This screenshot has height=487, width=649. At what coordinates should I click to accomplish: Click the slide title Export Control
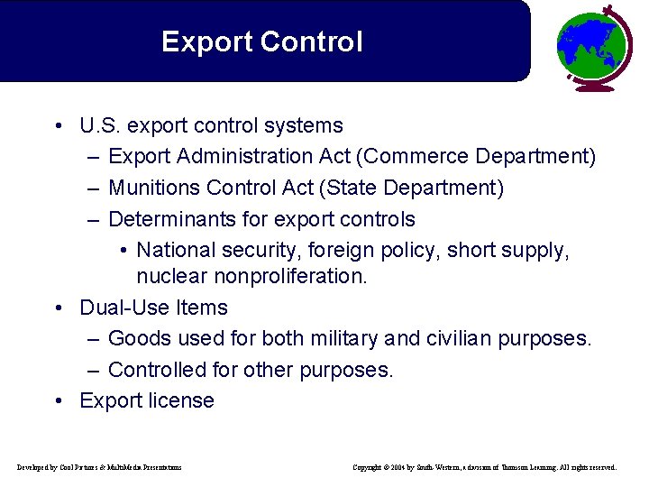261,42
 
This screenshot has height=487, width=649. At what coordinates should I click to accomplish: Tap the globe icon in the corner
593,47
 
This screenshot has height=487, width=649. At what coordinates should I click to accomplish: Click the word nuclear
171,276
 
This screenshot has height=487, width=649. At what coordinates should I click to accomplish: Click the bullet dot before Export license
57,400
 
